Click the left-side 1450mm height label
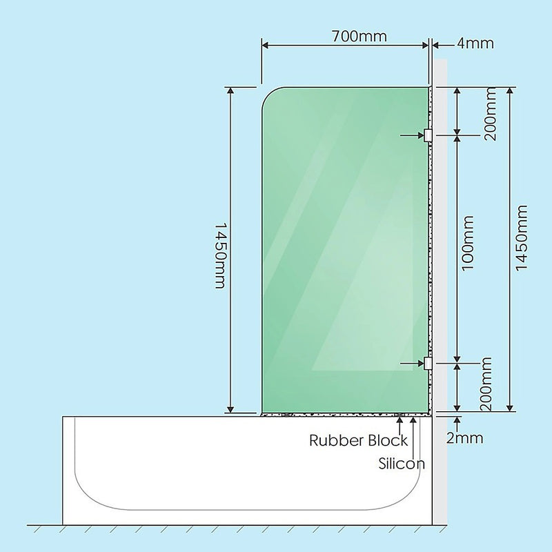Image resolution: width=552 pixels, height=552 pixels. [x=220, y=255]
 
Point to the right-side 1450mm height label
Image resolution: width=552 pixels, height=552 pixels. [x=522, y=238]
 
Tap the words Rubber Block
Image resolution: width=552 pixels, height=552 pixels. [x=358, y=440]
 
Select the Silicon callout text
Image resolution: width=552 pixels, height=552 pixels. [x=402, y=463]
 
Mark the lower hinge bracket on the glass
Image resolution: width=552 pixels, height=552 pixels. [x=428, y=363]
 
